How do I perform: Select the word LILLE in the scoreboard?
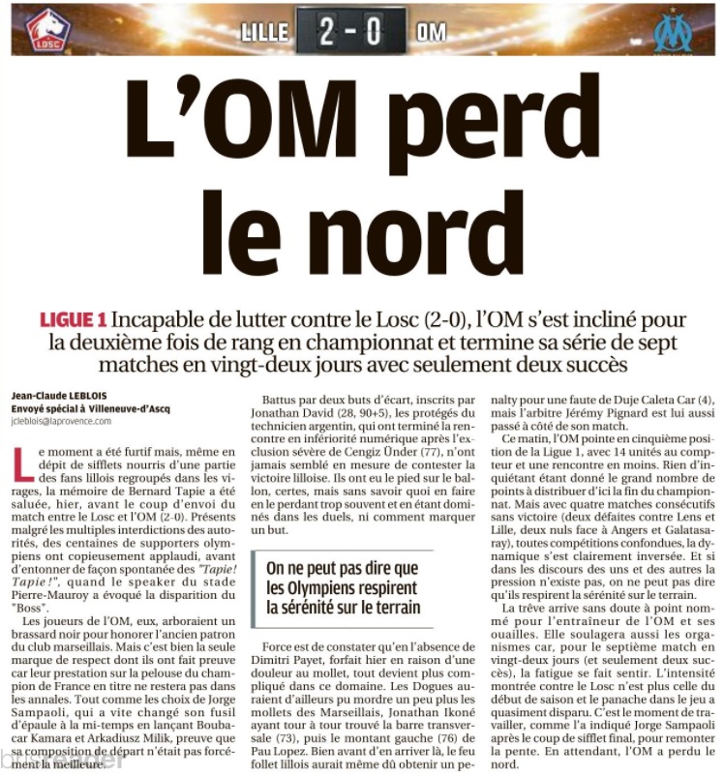click(x=264, y=31)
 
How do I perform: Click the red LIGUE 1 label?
click(x=73, y=319)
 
